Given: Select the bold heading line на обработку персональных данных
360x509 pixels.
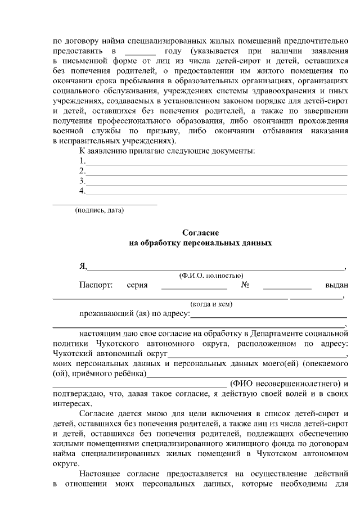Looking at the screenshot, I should coord(200,244).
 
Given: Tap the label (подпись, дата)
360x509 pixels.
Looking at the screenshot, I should coord(100,210).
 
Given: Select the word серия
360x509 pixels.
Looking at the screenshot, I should coord(137,285).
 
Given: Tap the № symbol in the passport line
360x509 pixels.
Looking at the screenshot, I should coord(246,285).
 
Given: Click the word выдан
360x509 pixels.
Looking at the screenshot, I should coord(336,285).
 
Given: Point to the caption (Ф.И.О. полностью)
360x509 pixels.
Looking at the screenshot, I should coord(211,276).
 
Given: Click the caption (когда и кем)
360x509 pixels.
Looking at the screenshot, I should coord(211,304).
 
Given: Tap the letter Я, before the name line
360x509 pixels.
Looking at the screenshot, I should coord(83,266).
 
